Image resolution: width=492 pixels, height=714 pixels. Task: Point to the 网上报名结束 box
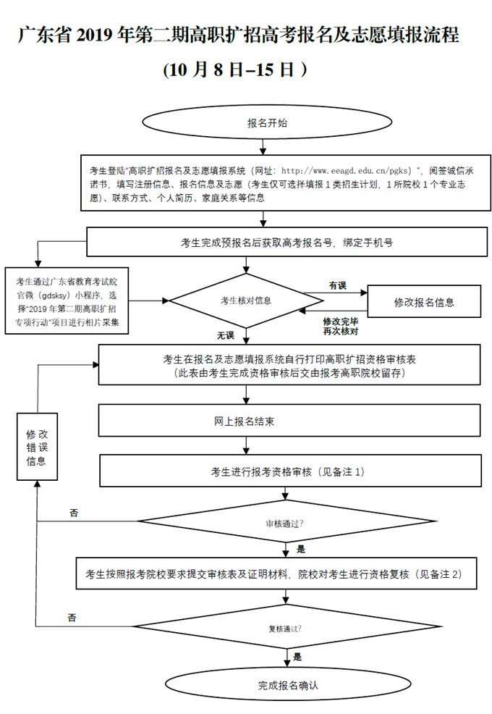290,421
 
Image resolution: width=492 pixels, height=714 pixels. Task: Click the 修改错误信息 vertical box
37,447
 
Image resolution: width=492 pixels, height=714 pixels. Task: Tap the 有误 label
337,285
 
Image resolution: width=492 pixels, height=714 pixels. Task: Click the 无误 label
226,335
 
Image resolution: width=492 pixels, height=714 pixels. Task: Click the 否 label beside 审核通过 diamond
74,513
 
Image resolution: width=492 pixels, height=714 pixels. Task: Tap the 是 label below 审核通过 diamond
301,548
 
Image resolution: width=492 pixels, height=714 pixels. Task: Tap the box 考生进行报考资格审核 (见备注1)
290,471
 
